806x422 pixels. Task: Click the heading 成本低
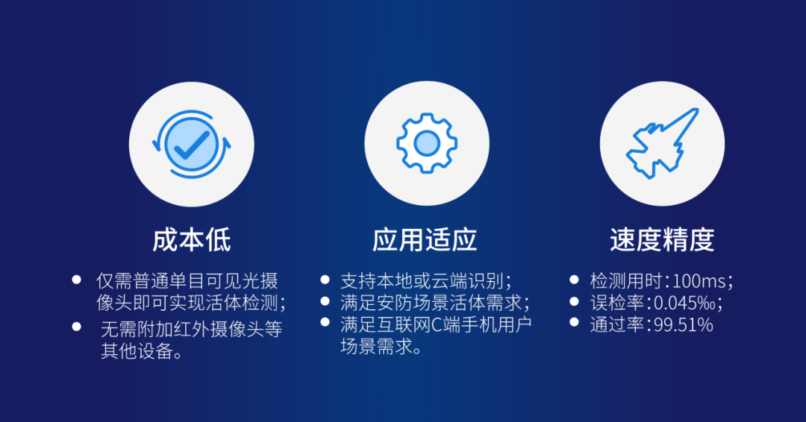click(192, 240)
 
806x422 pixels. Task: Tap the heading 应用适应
click(425, 240)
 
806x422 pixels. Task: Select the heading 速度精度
click(662, 240)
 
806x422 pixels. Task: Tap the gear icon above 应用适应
click(426, 143)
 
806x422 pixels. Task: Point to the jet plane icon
click(662, 143)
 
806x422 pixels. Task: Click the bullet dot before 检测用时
click(574, 280)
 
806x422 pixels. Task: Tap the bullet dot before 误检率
click(574, 301)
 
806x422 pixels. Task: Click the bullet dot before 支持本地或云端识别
click(325, 280)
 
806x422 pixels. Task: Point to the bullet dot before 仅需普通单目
click(76, 280)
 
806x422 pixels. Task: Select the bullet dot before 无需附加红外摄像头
click(76, 326)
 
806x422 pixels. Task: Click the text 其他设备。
click(142, 351)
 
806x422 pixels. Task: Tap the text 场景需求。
click(381, 347)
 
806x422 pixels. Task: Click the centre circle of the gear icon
click(426, 143)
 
